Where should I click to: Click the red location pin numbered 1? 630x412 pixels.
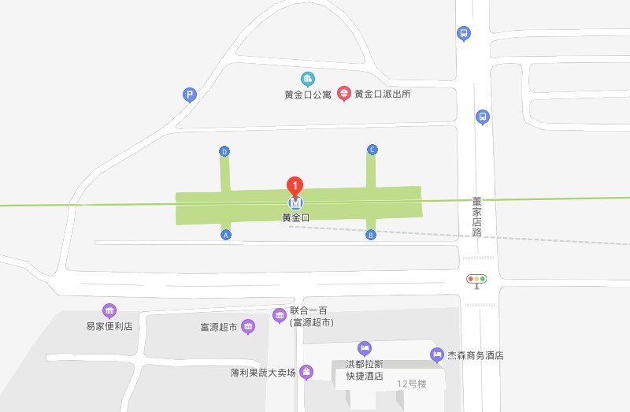[295, 186]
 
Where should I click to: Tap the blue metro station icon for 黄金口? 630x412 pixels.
[295, 202]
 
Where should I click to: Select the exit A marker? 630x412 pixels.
[226, 235]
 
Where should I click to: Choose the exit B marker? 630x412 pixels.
[371, 235]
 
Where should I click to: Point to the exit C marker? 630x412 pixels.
[372, 150]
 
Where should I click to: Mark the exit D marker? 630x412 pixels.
[224, 151]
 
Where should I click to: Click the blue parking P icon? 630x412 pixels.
[189, 95]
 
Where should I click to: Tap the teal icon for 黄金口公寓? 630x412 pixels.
[308, 79]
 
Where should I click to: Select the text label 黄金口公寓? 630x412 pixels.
[308, 95]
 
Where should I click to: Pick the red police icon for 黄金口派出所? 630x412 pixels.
[344, 94]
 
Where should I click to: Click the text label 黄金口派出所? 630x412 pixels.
[383, 95]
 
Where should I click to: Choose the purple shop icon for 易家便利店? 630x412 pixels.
[109, 310]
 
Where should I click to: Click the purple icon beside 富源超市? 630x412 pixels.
[248, 326]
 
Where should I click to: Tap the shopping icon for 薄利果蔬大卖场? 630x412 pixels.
[306, 372]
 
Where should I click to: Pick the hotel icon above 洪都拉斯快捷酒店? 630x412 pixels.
[364, 347]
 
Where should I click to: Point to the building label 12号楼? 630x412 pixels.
[411, 384]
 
